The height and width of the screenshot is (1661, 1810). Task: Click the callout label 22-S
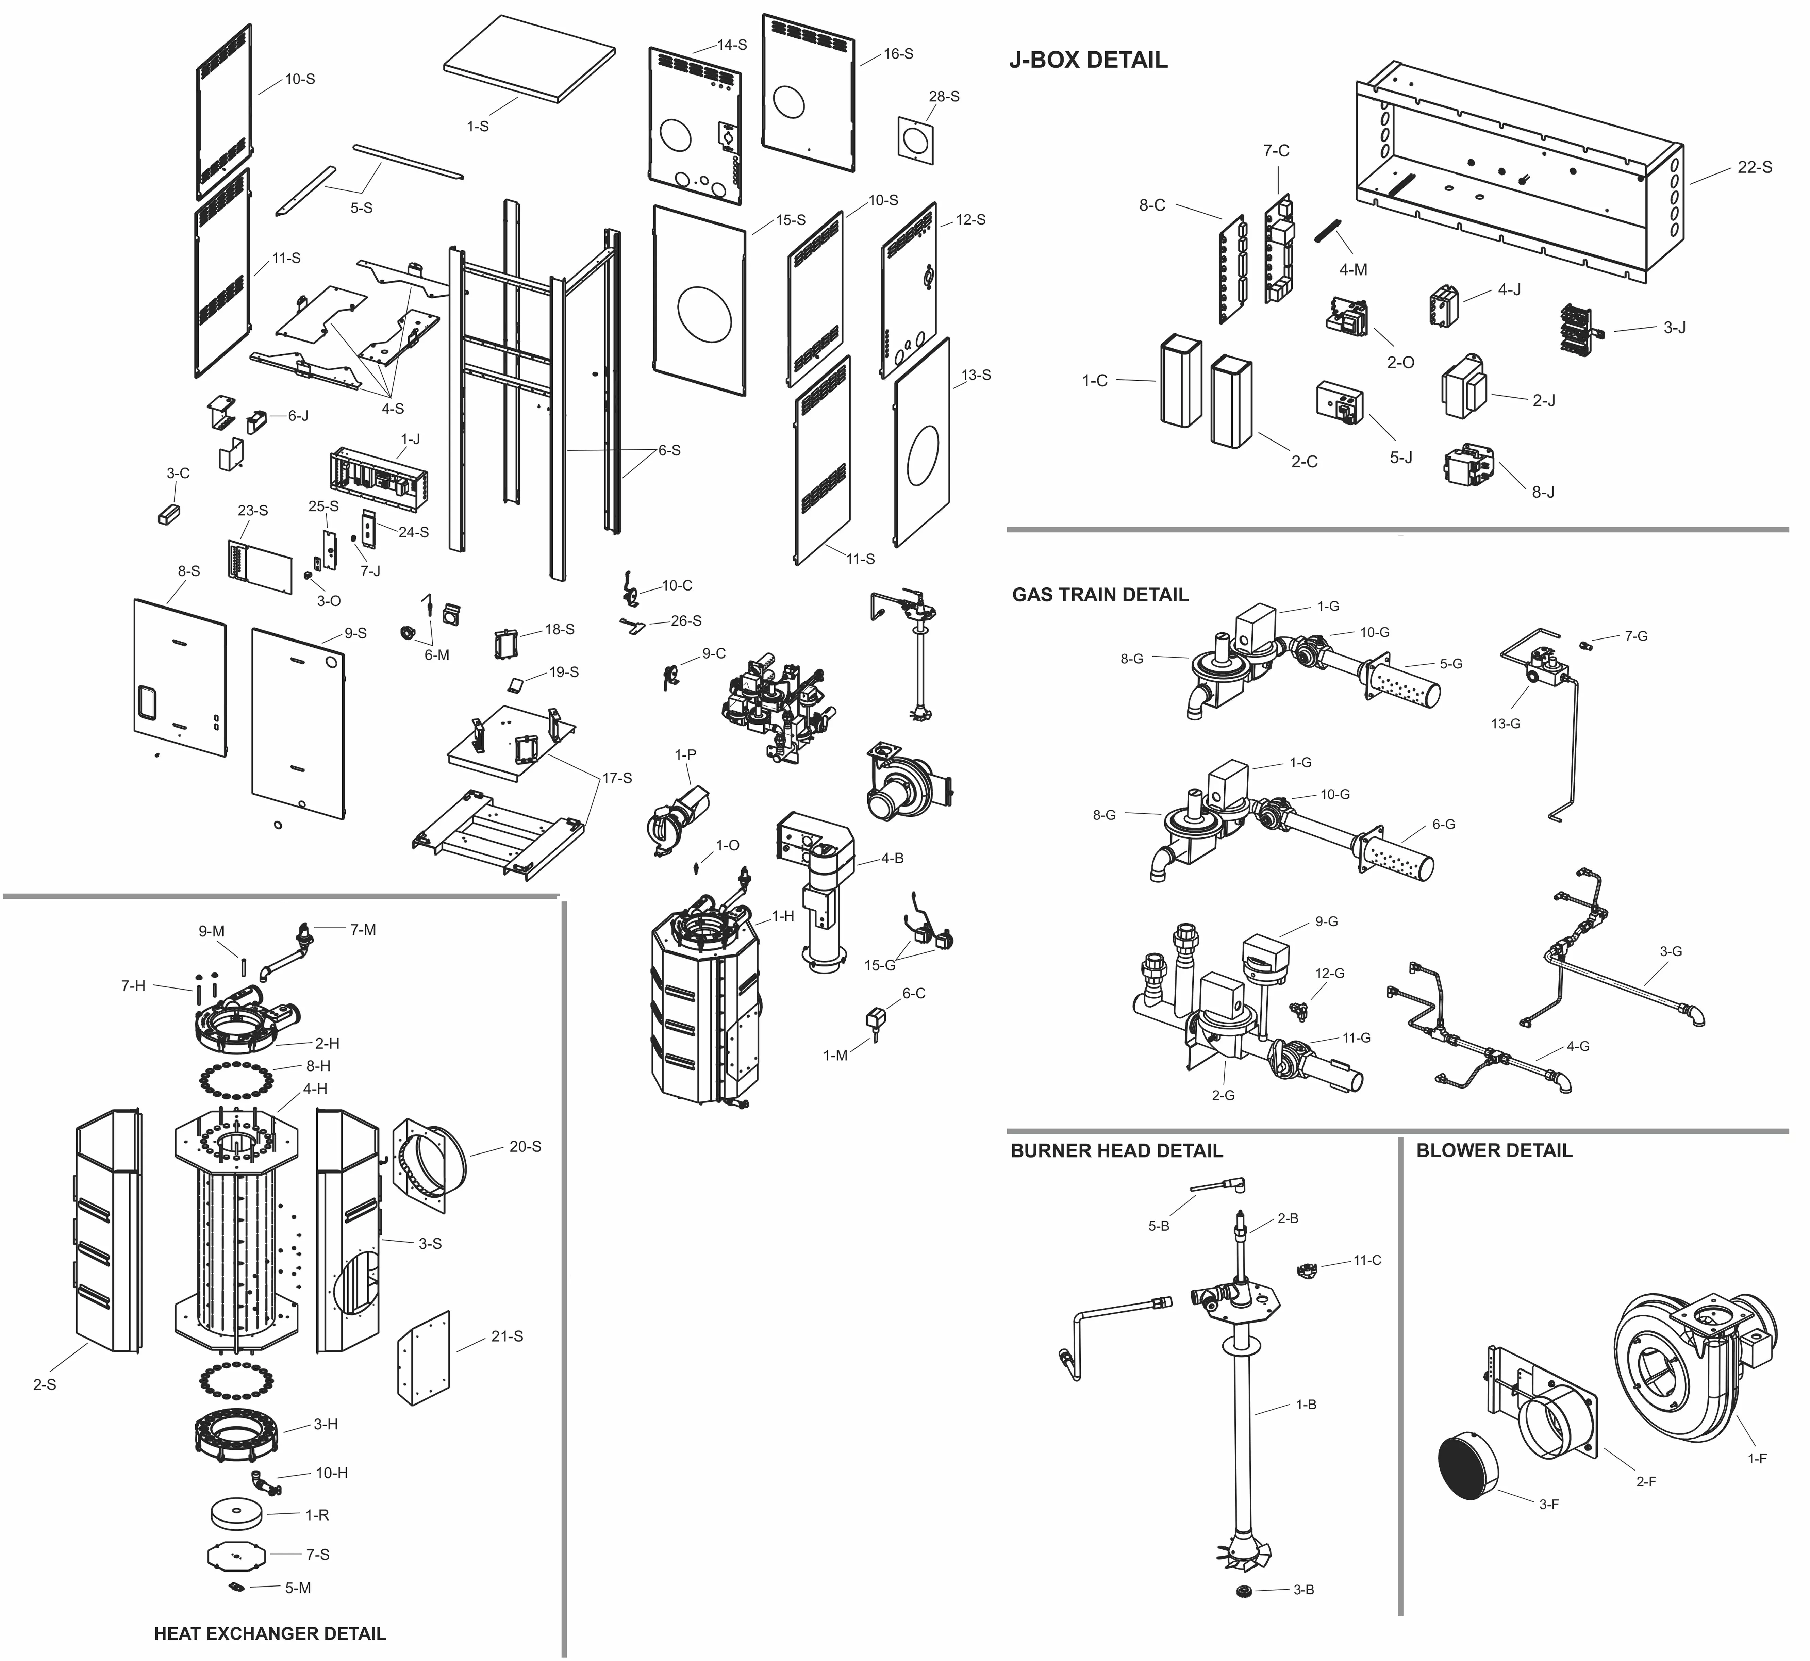pyautogui.click(x=1754, y=167)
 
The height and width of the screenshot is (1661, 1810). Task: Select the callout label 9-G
pyautogui.click(x=1327, y=921)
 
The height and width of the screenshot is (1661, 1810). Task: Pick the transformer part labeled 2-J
pyautogui.click(x=1465, y=386)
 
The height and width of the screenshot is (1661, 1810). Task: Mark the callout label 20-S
pyautogui.click(x=525, y=1147)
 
